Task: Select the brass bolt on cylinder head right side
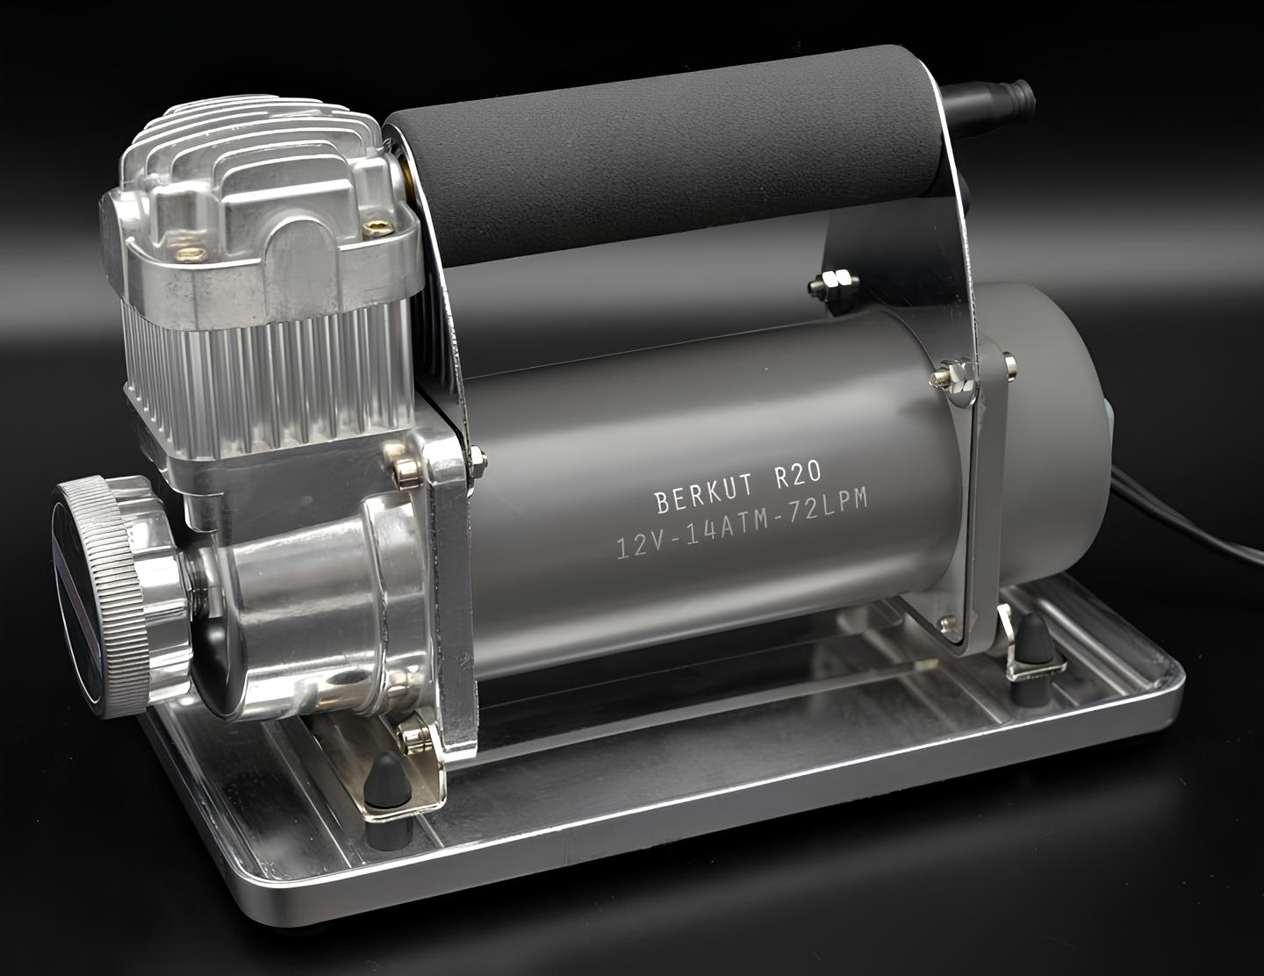377,228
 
